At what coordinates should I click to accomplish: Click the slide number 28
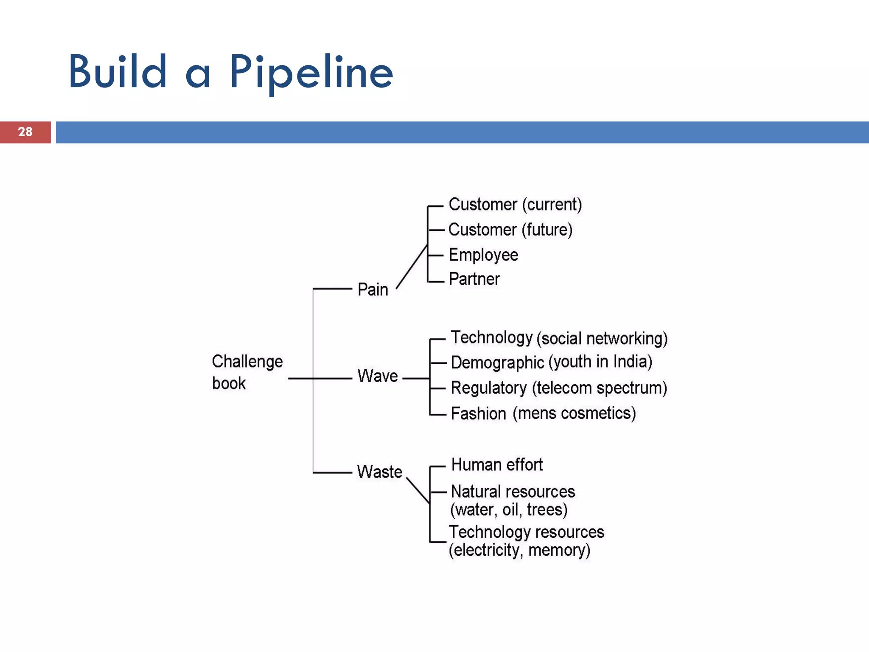click(25, 132)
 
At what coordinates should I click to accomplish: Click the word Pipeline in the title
click(311, 72)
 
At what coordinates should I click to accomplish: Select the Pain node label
click(373, 289)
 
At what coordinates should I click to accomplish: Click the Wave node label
click(377, 376)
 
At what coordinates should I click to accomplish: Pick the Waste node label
click(379, 472)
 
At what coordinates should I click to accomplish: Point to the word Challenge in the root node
click(247, 362)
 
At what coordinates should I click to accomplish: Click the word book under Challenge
click(229, 383)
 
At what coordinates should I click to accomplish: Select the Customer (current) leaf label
click(515, 205)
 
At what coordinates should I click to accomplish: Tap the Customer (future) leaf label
click(510, 230)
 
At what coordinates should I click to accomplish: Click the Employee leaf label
click(483, 255)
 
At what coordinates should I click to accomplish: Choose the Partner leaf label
click(474, 279)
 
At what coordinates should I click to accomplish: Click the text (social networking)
click(602, 339)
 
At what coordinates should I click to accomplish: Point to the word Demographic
click(497, 363)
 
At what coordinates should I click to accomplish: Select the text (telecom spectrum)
click(599, 388)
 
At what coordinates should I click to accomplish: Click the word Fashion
click(478, 413)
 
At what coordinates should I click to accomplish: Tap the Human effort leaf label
click(497, 465)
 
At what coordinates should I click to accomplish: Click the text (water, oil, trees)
click(508, 509)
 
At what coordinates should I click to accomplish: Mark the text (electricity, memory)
click(519, 550)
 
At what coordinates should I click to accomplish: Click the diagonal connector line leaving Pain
click(412, 267)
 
